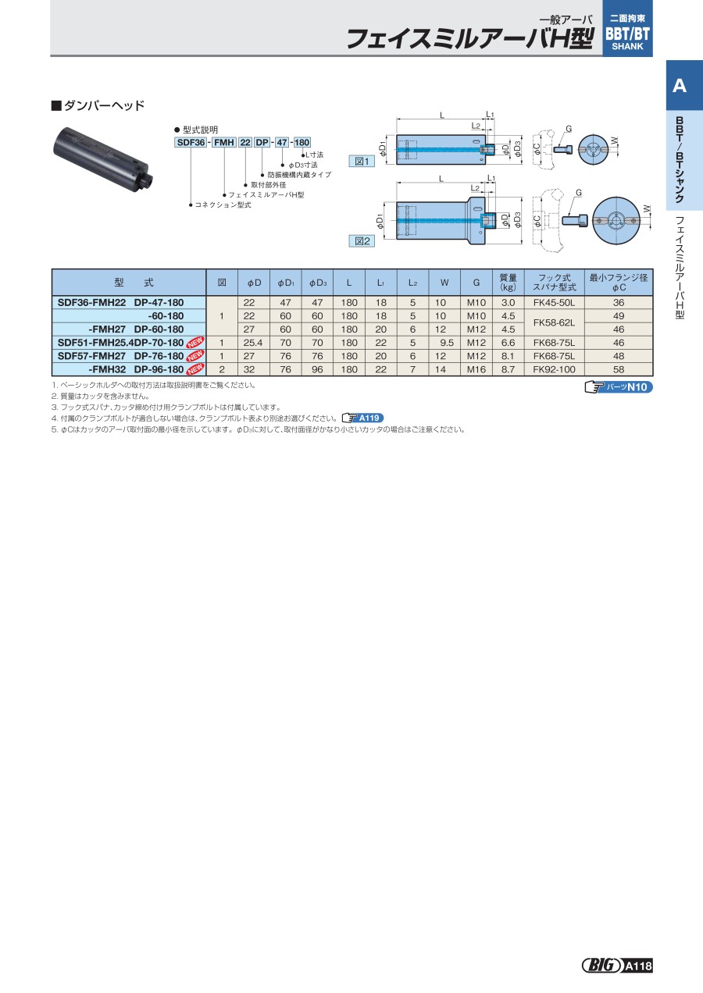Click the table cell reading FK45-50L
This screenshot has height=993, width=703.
click(554, 303)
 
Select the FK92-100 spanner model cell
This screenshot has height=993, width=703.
click(554, 369)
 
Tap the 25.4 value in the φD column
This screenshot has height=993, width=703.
click(253, 343)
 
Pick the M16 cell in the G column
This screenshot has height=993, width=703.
click(476, 369)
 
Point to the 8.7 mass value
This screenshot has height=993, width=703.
click(509, 369)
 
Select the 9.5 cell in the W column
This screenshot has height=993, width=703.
click(444, 343)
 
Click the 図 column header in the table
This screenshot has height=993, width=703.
click(222, 283)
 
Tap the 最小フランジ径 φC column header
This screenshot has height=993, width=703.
click(619, 283)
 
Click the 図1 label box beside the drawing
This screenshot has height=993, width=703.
click(362, 162)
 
